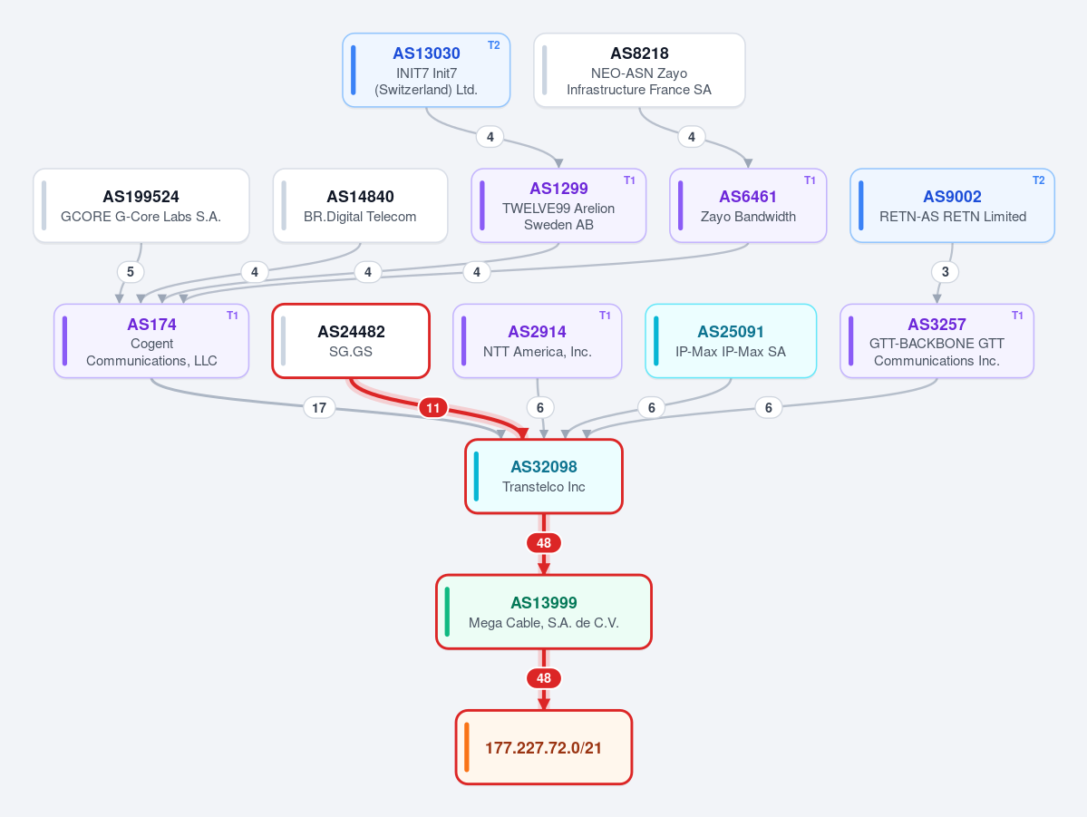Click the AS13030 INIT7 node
(426, 70)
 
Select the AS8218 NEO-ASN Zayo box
(639, 70)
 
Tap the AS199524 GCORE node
(141, 205)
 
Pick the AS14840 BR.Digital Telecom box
(361, 205)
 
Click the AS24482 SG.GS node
(351, 341)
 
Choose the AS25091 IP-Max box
(731, 341)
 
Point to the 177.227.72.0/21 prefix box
(544, 747)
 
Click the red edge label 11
(433, 408)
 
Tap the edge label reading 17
(319, 408)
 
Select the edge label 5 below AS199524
(131, 272)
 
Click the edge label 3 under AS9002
(945, 272)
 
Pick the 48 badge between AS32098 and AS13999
(544, 543)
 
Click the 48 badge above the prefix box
(544, 678)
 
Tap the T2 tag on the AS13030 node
(493, 45)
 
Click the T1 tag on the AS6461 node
(810, 180)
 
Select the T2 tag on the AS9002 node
(1038, 180)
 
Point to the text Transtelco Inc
(544, 487)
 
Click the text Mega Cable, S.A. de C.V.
(544, 623)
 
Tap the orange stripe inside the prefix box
(467, 747)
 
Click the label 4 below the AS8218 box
(691, 137)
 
